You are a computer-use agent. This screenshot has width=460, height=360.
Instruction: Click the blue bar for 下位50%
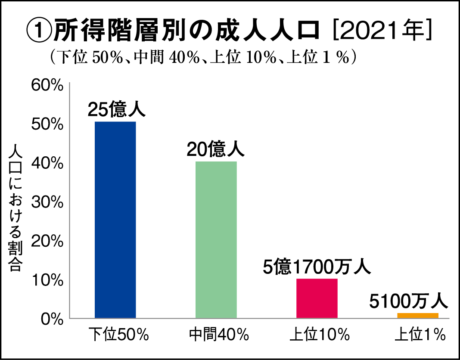tap(115, 220)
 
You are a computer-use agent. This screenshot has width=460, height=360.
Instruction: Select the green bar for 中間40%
tap(216, 239)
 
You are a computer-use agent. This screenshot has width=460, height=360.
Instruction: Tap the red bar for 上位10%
tap(317, 298)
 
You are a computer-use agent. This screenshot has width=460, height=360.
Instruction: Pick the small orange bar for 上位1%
tap(417, 316)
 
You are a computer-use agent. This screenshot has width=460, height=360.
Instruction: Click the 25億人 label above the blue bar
tap(117, 109)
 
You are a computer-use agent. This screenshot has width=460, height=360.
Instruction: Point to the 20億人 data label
tap(215, 149)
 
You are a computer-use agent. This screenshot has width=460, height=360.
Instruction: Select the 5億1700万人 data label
tap(316, 267)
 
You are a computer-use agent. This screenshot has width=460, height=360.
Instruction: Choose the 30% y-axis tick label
tap(48, 202)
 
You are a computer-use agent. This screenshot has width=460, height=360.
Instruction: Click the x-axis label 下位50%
tap(118, 335)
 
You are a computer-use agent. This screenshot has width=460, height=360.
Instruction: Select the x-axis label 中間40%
tap(219, 335)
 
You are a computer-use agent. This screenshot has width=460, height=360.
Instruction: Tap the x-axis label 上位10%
tap(319, 335)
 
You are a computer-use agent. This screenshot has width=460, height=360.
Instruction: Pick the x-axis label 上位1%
tap(420, 335)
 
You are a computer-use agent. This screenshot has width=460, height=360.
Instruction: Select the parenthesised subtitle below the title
tap(202, 57)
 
